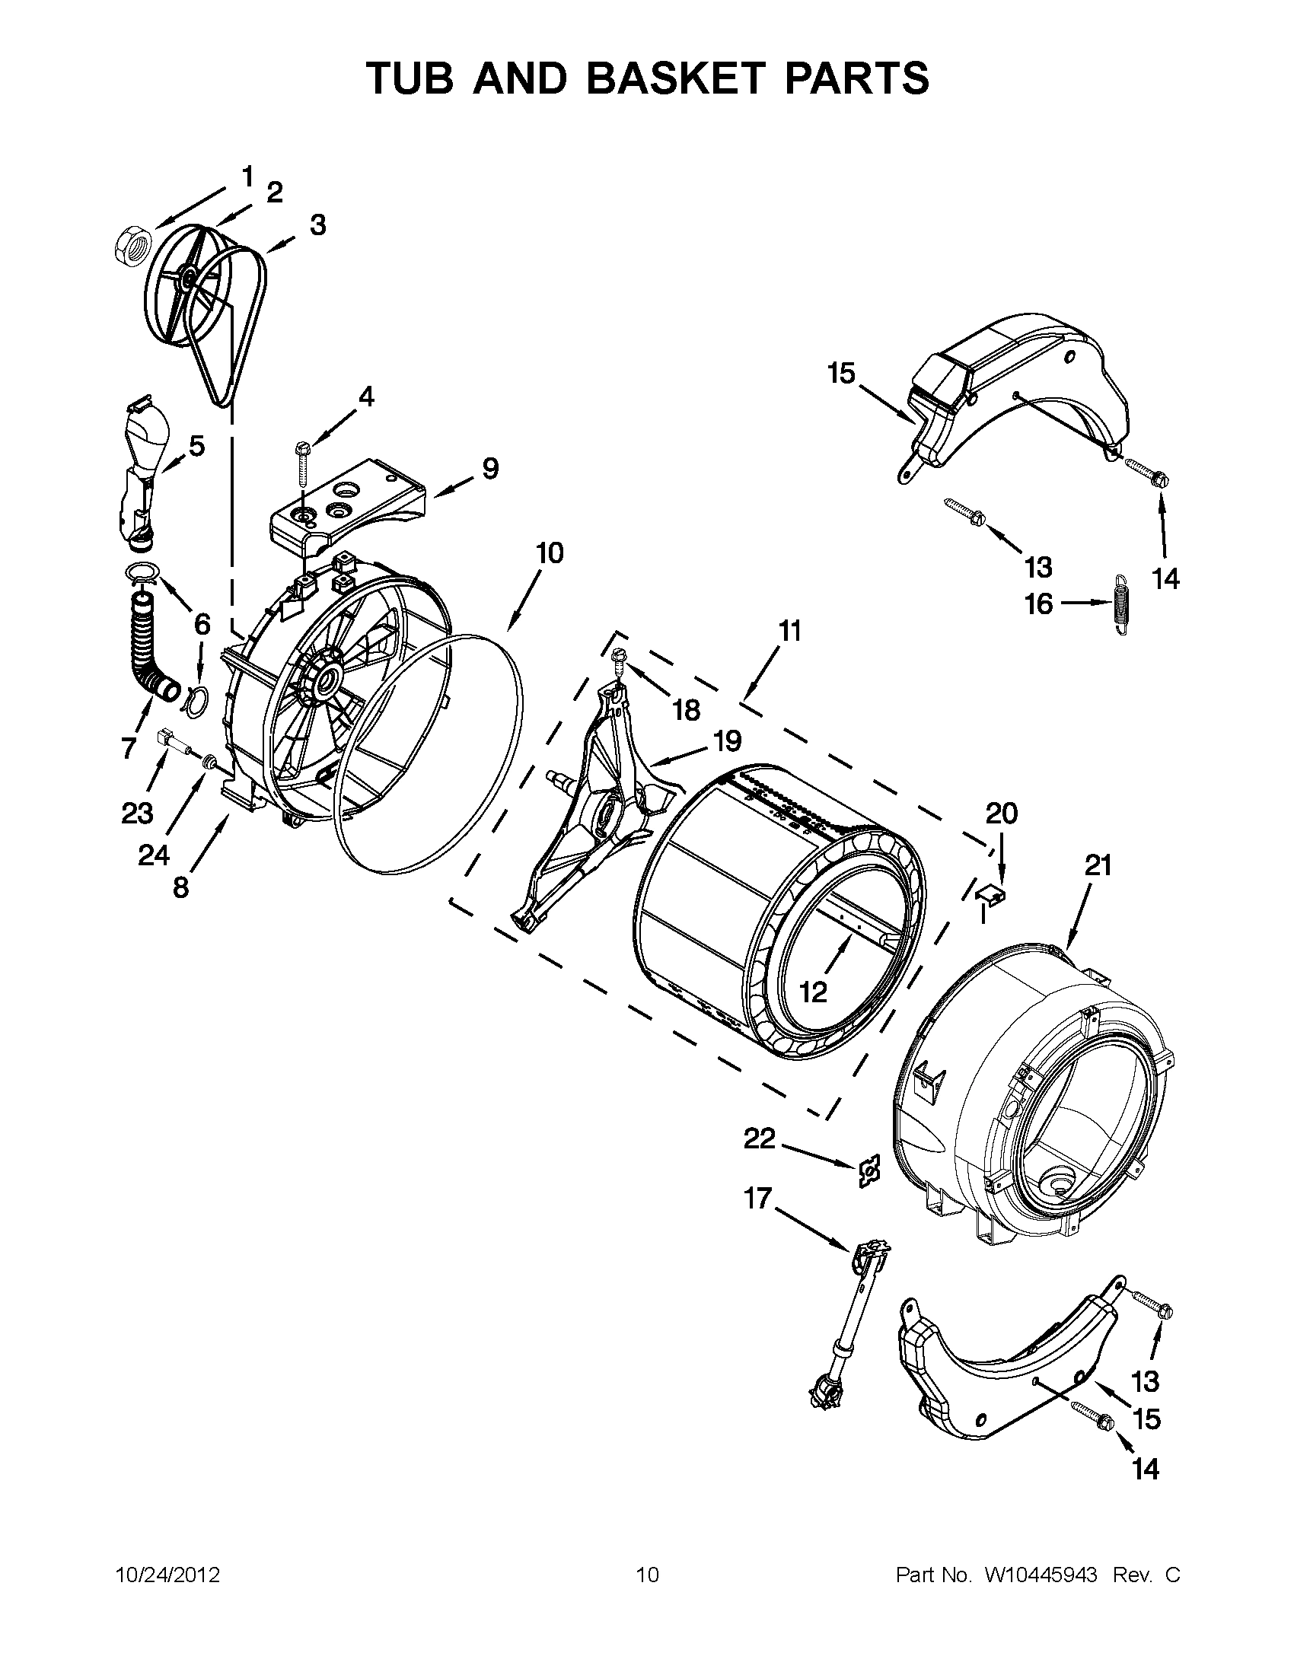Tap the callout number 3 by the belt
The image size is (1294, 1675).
click(x=317, y=225)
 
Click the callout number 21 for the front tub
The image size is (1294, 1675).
click(x=1098, y=866)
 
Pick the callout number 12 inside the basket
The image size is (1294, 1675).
click(x=813, y=992)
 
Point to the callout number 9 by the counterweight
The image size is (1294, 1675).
click(x=490, y=467)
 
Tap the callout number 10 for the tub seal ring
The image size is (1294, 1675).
click(x=550, y=552)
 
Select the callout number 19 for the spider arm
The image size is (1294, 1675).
click(x=727, y=741)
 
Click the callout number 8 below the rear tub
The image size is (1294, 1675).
click(x=180, y=887)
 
